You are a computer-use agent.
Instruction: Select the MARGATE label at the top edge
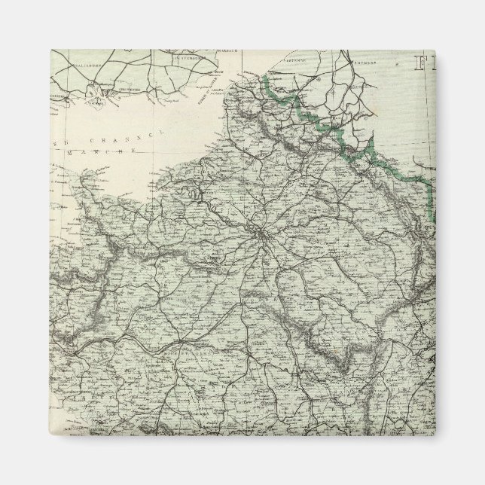click(218, 52)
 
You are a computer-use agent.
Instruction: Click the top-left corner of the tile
click(50, 50)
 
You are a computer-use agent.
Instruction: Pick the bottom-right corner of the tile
click(435, 435)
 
